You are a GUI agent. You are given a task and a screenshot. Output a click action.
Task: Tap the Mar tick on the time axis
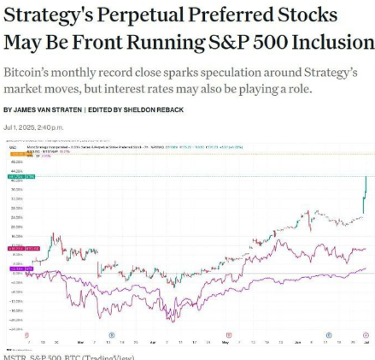pos(79,341)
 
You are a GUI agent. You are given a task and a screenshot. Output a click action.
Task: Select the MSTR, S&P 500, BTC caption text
pos(68,357)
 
